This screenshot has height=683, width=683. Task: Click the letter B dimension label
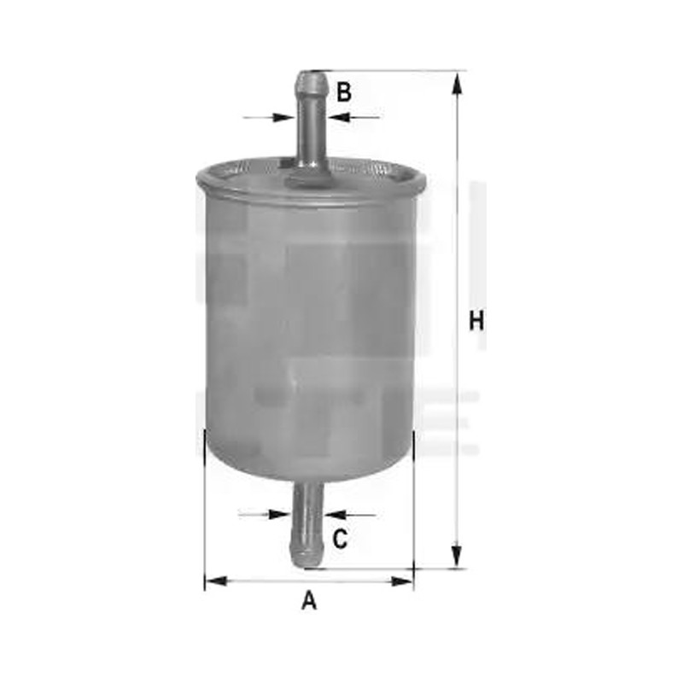pos(344,92)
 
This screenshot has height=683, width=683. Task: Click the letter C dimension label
pos(340,539)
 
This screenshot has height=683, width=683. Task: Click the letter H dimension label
pos(476,321)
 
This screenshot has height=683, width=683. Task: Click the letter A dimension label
pos(309,600)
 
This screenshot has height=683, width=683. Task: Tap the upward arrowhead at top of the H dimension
pos(456,84)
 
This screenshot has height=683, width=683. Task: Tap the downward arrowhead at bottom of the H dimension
pos(456,556)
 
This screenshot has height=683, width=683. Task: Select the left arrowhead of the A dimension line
pos(216,581)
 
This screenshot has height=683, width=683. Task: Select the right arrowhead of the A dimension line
pos(401,581)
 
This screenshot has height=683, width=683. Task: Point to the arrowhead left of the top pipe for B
pos(283,117)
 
